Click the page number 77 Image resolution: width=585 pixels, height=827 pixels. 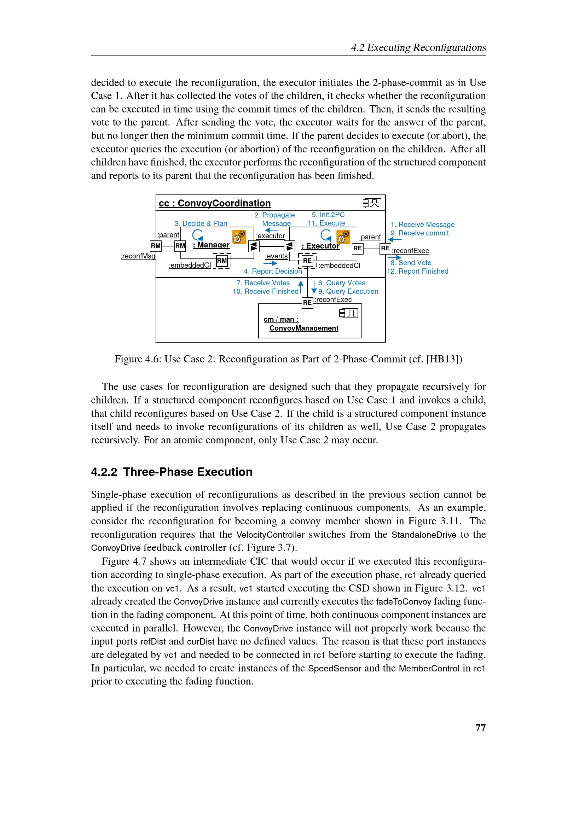point(480,727)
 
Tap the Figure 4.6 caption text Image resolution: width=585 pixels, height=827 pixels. point(288,359)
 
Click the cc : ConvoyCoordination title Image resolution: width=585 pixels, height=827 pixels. point(215,203)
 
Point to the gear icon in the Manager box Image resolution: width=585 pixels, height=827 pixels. point(239,236)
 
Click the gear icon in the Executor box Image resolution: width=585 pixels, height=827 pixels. point(343,237)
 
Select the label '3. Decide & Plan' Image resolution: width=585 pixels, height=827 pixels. point(201,223)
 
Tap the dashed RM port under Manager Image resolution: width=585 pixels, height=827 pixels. point(222,261)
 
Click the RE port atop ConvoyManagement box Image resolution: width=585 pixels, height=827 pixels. point(307,303)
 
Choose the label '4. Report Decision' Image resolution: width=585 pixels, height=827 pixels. point(273,271)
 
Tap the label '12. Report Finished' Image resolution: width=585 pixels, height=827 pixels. point(417,271)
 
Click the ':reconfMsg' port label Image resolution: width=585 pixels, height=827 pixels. point(138,256)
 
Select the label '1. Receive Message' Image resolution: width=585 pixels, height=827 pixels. point(423,225)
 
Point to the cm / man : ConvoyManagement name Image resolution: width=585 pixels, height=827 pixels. point(301,324)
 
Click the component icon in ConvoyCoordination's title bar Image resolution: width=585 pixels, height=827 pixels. point(372,203)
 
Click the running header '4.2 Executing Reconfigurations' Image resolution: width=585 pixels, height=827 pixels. point(418,47)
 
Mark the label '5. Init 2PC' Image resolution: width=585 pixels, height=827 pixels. point(328,215)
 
